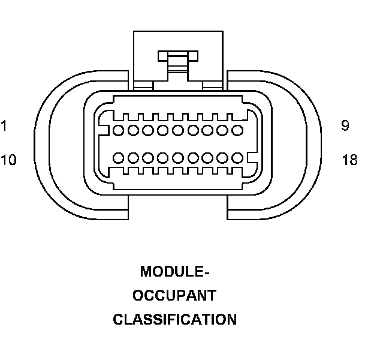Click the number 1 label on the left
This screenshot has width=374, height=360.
coord(4,126)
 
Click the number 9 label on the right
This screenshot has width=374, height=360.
coord(345,126)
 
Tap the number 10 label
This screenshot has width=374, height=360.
coord(8,160)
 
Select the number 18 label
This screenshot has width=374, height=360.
coord(349,160)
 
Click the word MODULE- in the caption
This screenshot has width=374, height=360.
coord(174,272)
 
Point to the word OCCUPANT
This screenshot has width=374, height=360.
coord(174,296)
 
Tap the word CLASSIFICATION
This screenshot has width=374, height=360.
coord(174,320)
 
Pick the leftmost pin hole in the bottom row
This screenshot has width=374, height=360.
coord(119,158)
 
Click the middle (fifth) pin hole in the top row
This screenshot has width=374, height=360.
coord(178,130)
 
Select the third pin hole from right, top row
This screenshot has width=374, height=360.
coord(207,130)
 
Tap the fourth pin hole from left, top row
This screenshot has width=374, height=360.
coord(163,130)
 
